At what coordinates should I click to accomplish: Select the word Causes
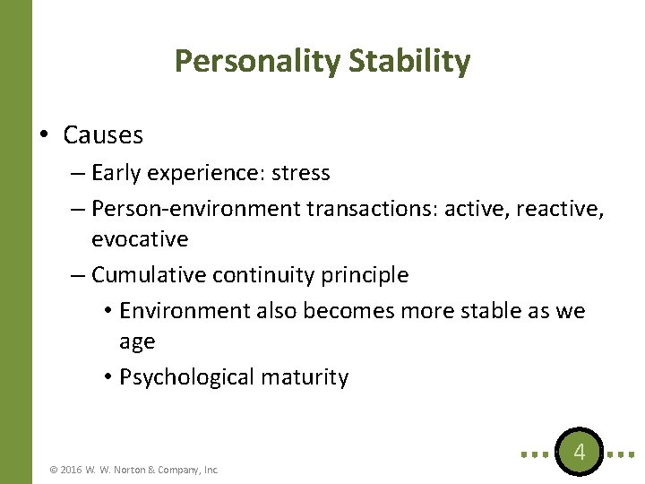click(x=103, y=135)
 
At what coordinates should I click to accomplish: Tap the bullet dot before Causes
click(x=44, y=135)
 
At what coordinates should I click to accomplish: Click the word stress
click(x=298, y=173)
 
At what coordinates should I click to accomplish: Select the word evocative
click(x=140, y=239)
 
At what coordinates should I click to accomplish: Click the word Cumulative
click(x=149, y=275)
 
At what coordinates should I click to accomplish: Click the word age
click(x=137, y=342)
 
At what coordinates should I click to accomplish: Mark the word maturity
click(x=305, y=377)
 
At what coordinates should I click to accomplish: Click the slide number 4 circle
click(x=579, y=452)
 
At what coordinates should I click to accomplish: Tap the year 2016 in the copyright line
click(x=71, y=469)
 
